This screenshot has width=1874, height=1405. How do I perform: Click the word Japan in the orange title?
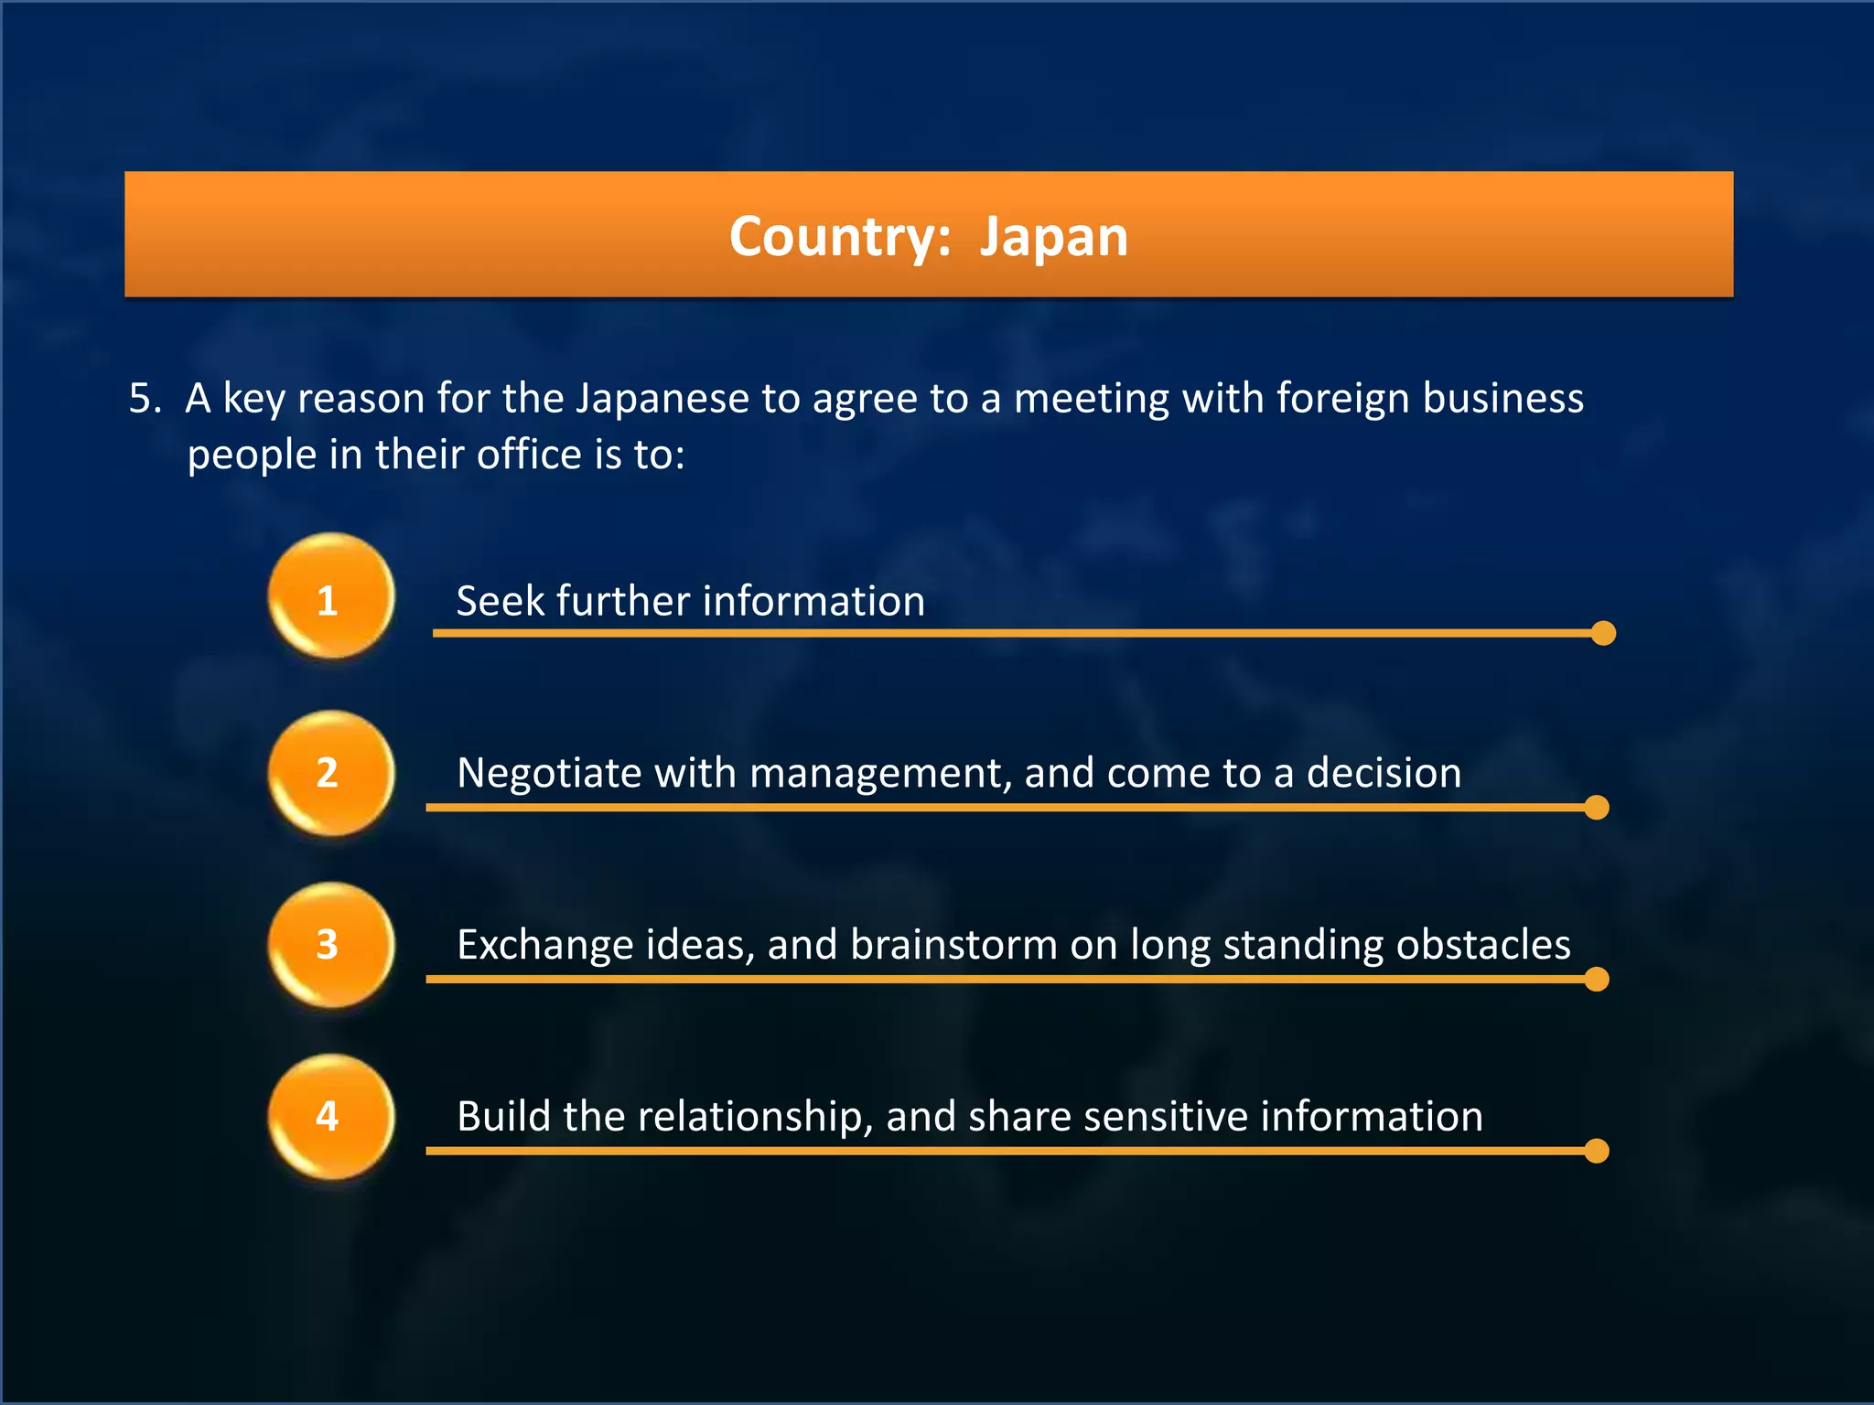pos(1053,237)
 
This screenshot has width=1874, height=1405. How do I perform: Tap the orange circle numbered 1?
pos(330,597)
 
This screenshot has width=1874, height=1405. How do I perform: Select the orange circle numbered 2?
pos(330,773)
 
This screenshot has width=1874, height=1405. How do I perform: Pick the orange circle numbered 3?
pos(330,945)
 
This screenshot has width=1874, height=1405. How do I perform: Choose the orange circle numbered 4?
pos(330,1117)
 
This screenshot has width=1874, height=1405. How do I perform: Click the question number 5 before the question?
pos(145,399)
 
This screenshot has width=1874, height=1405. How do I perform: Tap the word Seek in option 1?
pos(500,601)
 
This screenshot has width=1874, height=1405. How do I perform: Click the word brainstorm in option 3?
pos(953,945)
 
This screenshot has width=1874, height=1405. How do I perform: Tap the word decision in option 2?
pos(1384,773)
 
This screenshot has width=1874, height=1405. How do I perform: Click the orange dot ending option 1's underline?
pos(1603,633)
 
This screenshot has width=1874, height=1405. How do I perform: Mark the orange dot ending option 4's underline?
pos(1597,1151)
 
